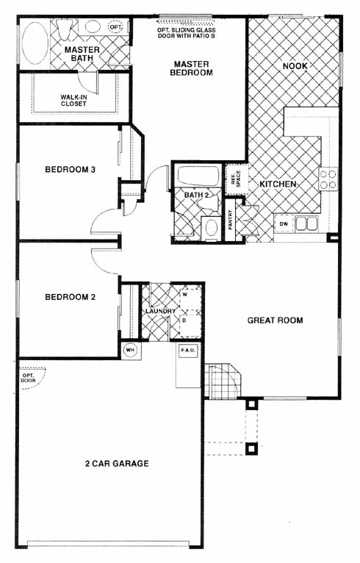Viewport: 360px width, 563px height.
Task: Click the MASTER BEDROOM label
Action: point(191,68)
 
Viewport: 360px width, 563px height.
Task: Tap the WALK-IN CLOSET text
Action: point(73,100)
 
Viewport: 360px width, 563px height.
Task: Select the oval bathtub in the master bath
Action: point(35,43)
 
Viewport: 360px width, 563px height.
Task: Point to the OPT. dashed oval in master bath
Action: point(116,27)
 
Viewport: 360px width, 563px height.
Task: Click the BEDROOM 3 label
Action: point(70,169)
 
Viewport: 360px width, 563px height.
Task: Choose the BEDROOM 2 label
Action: point(70,297)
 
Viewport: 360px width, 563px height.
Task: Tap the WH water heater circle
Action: point(130,350)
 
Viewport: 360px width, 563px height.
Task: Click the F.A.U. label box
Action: point(188,350)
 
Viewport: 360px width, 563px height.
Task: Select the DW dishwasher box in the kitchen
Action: point(284,224)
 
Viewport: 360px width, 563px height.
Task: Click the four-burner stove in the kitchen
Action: point(328,179)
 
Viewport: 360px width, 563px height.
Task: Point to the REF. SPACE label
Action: point(236,179)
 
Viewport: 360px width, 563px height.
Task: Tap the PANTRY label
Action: point(230,220)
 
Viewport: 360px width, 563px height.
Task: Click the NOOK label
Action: point(295,66)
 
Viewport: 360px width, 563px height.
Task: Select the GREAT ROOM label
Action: point(275,320)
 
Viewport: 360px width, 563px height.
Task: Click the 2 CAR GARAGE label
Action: point(117,463)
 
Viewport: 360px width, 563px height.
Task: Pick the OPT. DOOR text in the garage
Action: point(28,377)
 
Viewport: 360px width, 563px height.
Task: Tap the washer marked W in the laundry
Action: point(190,297)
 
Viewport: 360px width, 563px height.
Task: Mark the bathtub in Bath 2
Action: point(198,176)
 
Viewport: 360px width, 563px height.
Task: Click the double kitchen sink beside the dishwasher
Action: point(306,224)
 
